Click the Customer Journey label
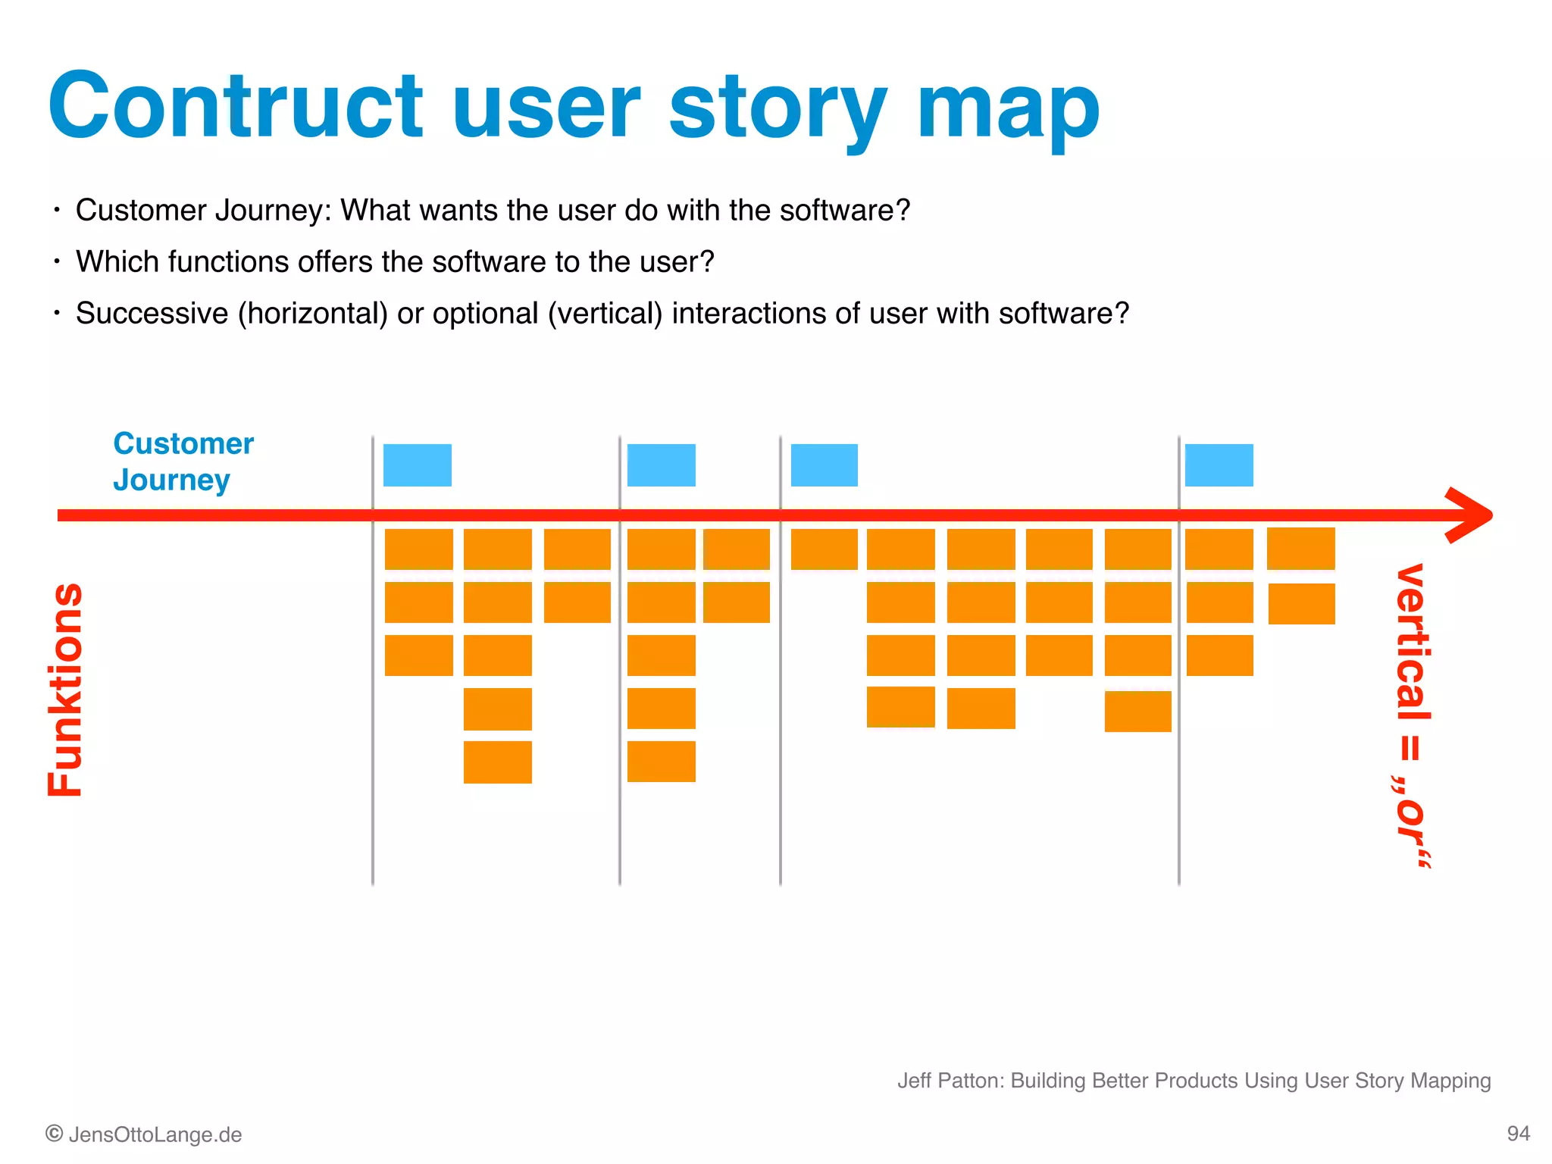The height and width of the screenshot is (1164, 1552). pyautogui.click(x=183, y=462)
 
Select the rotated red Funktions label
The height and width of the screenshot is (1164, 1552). pyautogui.click(x=65, y=690)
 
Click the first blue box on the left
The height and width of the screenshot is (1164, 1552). pyautogui.click(x=418, y=465)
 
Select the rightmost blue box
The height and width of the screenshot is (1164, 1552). pyautogui.click(x=1219, y=465)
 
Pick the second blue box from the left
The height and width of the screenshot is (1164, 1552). pyautogui.click(x=662, y=465)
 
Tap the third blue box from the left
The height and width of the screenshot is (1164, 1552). pyautogui.click(x=824, y=465)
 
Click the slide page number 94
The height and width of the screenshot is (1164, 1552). pyautogui.click(x=1518, y=1134)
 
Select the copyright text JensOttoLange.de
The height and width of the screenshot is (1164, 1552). pyautogui.click(x=155, y=1134)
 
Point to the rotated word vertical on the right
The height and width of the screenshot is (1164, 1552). pyautogui.click(x=1413, y=643)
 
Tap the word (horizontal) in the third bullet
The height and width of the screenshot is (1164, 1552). pyautogui.click(x=313, y=314)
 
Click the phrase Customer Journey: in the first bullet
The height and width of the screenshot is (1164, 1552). pyautogui.click(x=203, y=211)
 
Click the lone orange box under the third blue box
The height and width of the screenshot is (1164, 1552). pyautogui.click(x=824, y=549)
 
